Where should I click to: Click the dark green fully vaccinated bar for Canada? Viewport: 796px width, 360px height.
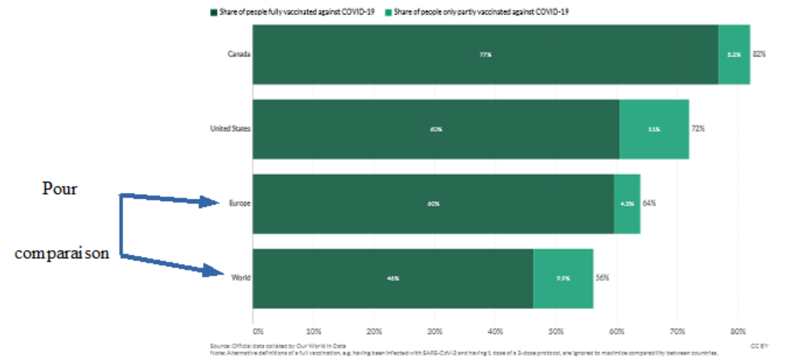(485, 55)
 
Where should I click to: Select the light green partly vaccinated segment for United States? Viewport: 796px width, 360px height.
(654, 129)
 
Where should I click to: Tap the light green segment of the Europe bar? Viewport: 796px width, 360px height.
(627, 204)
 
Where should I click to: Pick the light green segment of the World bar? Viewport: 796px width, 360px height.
(563, 278)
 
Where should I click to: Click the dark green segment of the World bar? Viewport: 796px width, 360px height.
(393, 278)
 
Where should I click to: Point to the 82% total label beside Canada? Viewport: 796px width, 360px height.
(759, 54)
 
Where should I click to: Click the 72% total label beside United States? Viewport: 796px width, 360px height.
(698, 129)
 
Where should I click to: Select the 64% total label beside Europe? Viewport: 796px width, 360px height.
(649, 203)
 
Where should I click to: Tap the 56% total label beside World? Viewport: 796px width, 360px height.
(602, 278)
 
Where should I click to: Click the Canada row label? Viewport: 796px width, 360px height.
(239, 54)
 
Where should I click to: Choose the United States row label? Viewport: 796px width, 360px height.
(230, 129)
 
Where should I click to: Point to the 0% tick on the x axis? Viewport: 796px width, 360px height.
(258, 332)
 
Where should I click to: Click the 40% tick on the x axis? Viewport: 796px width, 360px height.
(495, 332)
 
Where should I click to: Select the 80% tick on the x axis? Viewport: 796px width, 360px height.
(738, 332)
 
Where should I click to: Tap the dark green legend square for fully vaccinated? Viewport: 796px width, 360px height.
(214, 12)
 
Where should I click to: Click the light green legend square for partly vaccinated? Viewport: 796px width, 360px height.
(388, 12)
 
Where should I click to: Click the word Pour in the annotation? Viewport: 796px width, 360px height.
(60, 189)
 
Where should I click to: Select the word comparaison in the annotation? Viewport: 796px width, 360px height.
(62, 253)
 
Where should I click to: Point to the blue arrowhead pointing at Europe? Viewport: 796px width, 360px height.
(209, 202)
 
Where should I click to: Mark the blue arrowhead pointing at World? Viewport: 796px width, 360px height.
(214, 271)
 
